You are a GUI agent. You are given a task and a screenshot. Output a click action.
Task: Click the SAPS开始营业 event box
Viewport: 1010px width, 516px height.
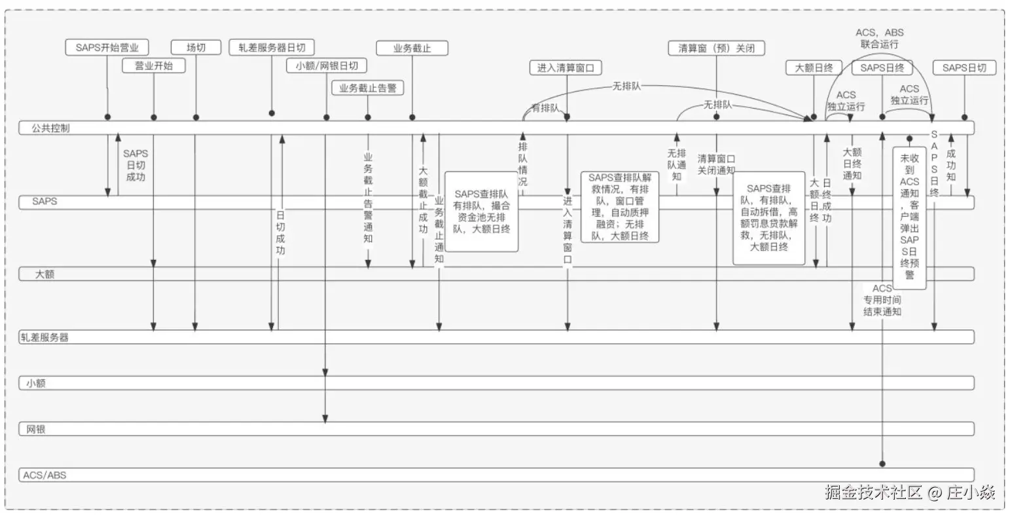coord(107,47)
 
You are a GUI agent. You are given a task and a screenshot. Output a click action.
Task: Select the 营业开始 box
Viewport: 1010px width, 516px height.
coord(154,65)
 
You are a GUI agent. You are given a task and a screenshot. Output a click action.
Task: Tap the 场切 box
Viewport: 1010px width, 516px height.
coord(196,47)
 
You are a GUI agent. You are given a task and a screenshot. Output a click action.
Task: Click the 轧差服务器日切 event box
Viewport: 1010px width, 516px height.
coord(272,47)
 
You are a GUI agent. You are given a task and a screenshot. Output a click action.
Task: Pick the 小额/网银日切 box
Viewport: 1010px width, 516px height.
coord(327,65)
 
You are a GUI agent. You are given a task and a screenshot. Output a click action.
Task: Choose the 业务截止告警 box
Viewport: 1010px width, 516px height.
coord(368,88)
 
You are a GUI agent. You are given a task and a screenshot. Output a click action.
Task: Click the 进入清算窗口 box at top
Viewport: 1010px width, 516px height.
coord(566,67)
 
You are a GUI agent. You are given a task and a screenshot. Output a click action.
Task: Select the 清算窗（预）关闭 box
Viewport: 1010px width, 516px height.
coord(717,48)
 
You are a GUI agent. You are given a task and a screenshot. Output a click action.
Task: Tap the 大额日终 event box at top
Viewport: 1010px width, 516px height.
coord(814,67)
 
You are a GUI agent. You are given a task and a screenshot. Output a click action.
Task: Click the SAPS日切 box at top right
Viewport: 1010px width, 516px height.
coord(964,67)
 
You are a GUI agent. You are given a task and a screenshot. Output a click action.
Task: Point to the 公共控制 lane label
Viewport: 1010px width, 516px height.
coord(50,128)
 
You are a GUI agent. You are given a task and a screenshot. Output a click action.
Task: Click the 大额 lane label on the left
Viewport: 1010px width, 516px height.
coord(45,274)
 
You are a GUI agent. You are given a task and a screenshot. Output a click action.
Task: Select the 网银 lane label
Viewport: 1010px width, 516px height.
coord(36,430)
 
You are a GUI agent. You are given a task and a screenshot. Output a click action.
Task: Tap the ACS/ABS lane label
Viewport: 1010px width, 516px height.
coord(45,475)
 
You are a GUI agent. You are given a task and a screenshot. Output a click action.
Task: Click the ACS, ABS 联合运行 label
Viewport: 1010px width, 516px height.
coord(880,38)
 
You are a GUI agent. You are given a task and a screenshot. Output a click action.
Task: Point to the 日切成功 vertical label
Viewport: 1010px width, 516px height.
coord(280,232)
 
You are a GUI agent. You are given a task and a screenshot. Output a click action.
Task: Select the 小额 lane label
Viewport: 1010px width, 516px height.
coord(36,384)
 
